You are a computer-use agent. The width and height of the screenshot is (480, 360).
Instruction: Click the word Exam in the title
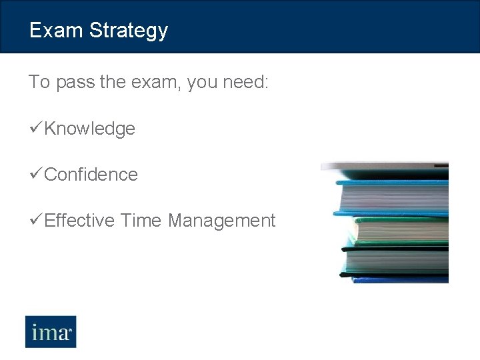pyautogui.click(x=56, y=31)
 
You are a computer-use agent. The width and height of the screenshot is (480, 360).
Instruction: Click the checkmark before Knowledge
pyautogui.click(x=36, y=128)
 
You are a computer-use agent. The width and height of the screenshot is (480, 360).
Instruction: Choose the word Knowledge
pyautogui.click(x=90, y=129)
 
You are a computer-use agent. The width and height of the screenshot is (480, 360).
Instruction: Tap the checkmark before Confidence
pyautogui.click(x=36, y=174)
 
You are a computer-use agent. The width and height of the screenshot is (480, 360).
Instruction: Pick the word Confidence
pyautogui.click(x=91, y=175)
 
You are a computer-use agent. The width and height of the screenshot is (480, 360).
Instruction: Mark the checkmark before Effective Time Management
pyautogui.click(x=36, y=220)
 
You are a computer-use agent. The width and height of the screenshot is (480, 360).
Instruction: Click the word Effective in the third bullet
pyautogui.click(x=80, y=221)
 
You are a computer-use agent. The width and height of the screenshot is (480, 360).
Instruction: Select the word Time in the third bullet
pyautogui.click(x=141, y=221)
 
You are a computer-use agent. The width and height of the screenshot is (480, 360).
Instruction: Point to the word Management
pyautogui.click(x=221, y=221)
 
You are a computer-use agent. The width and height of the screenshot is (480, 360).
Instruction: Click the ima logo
pyautogui.click(x=51, y=331)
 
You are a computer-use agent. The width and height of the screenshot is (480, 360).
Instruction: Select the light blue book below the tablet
pyautogui.click(x=393, y=195)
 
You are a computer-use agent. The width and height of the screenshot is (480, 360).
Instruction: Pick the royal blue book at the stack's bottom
pyautogui.click(x=400, y=279)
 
